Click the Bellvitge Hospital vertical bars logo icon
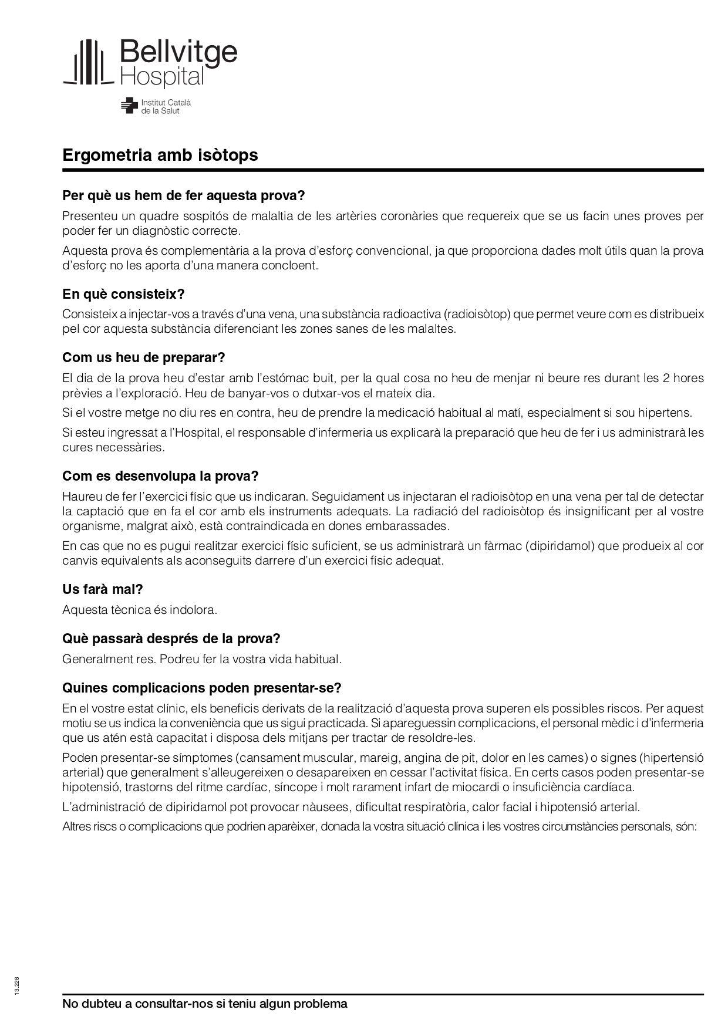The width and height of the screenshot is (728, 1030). click(x=87, y=62)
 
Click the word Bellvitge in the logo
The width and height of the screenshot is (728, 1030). click(x=178, y=52)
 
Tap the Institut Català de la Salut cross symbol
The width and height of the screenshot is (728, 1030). click(x=129, y=106)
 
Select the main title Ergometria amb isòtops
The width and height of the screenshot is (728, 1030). click(x=160, y=156)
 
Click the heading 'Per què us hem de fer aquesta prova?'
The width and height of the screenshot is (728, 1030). click(x=184, y=195)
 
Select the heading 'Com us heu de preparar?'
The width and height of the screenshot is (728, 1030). click(x=144, y=357)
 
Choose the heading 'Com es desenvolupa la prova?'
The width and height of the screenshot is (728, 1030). click(x=160, y=476)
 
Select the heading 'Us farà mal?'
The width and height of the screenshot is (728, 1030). click(x=103, y=589)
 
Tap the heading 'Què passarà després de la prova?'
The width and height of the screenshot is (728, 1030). click(x=171, y=639)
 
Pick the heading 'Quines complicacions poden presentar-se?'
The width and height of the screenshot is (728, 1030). click(x=202, y=688)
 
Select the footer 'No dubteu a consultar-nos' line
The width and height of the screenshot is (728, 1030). click(x=205, y=1004)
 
